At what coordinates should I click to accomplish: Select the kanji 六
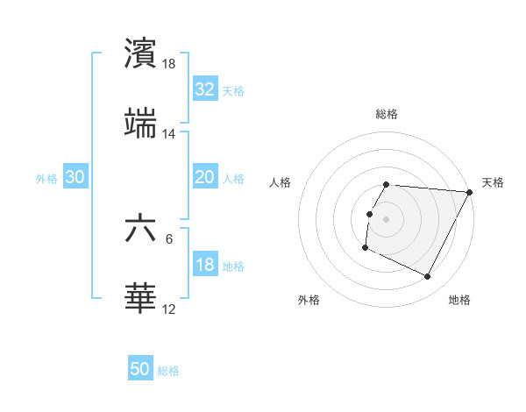140,229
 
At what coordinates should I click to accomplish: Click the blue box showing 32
204,89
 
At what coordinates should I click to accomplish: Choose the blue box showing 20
204,177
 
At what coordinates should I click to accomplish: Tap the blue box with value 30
75,177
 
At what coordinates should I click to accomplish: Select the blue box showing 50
140,369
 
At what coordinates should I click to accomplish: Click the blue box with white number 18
204,265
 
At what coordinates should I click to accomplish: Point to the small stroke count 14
169,134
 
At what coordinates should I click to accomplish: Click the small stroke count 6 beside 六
169,238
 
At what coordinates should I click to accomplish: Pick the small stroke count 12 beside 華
169,309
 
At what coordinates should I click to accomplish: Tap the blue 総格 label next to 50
168,371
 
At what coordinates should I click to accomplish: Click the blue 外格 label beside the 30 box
46,179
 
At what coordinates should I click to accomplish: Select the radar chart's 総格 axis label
387,114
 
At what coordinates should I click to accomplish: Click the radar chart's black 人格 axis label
281,182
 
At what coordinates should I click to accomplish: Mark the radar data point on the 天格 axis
470,192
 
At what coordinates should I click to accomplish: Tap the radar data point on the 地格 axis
428,277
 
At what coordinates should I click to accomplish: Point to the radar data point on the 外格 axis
365,248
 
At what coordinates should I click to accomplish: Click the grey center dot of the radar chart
387,217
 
